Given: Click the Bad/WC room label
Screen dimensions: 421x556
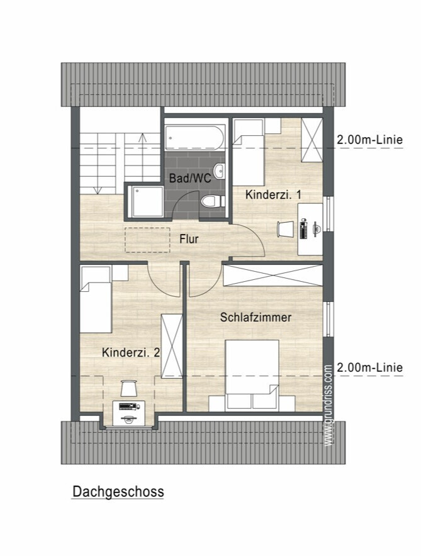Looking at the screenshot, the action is tap(190, 178).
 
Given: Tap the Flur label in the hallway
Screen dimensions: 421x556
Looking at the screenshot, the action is tap(189, 239).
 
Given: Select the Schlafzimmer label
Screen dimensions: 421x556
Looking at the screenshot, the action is tap(255, 317).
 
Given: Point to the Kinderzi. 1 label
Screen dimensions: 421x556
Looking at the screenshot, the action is tap(274, 195).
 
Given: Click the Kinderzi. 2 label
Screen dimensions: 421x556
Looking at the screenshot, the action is tap(130, 352).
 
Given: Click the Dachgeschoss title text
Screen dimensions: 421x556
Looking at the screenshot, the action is tap(118, 492).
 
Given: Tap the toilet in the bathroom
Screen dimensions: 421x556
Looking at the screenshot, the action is tap(213, 201).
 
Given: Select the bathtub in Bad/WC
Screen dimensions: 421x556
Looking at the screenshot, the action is tap(194, 138).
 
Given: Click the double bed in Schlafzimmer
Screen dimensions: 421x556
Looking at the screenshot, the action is tap(252, 375).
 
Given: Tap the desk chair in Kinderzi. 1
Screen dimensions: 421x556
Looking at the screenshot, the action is tap(286, 229).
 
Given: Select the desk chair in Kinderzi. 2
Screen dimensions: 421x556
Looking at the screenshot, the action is tap(128, 388).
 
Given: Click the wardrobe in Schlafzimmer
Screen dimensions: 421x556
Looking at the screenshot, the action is tap(272, 275).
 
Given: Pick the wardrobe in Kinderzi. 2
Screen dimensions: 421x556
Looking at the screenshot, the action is tap(172, 346).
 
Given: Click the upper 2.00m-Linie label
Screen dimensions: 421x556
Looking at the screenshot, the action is tap(370, 140).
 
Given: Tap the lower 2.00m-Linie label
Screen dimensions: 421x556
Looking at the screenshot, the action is tap(370, 367).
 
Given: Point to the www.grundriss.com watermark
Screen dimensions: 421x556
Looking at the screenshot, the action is tap(328, 406).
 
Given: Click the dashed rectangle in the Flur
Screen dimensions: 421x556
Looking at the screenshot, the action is tap(147, 240).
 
